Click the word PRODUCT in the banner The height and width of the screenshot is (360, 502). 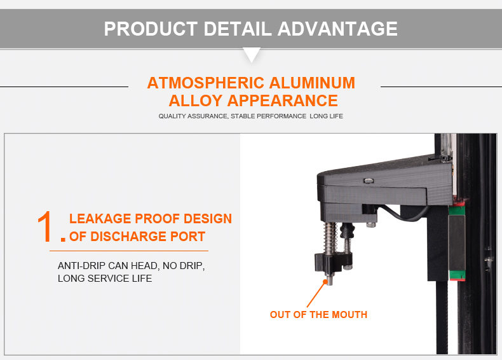click(x=151, y=29)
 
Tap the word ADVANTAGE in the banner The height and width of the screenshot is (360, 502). click(x=337, y=29)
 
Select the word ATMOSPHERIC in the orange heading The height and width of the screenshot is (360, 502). click(x=205, y=83)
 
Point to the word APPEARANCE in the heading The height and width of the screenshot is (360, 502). click(x=282, y=100)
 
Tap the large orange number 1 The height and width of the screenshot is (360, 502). click(x=46, y=226)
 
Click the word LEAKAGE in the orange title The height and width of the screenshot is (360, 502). click(x=100, y=219)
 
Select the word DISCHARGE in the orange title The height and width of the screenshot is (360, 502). click(x=128, y=237)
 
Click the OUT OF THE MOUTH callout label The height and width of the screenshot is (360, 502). click(x=318, y=314)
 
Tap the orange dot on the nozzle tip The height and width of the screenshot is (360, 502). click(x=325, y=282)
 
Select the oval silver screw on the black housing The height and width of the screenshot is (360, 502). click(x=369, y=181)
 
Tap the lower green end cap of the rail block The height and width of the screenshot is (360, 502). click(x=457, y=275)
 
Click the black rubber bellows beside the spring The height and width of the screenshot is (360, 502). click(x=347, y=230)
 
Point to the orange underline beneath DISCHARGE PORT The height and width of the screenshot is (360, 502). click(x=129, y=251)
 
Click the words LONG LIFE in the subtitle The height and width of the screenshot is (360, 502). click(x=326, y=116)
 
